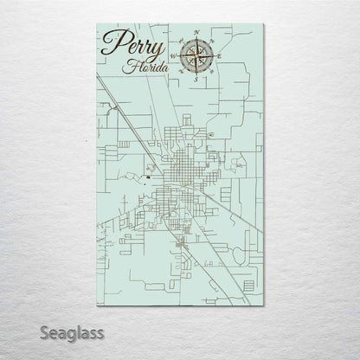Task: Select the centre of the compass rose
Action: pos(197,55)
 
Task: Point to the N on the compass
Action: pos(197,32)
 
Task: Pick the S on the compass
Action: pos(197,79)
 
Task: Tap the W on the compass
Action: pos(174,55)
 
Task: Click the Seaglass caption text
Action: pos(62,331)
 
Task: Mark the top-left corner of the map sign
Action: pos(96,25)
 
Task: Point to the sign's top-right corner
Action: pos(264,25)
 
